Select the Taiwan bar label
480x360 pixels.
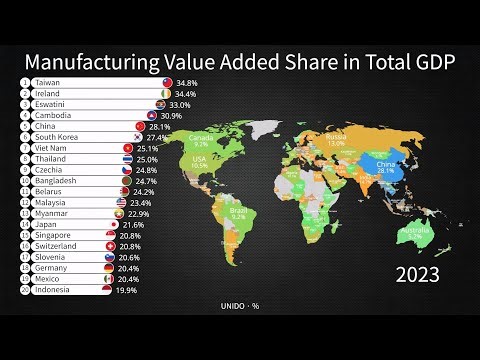pyautogui.click(x=47, y=82)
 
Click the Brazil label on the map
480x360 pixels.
pyautogui.click(x=266, y=211)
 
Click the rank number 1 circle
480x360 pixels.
pyautogui.click(x=23, y=82)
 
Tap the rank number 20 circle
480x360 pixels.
pyautogui.click(x=23, y=290)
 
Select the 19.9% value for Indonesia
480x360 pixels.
pyautogui.click(x=127, y=290)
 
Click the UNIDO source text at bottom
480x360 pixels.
pyautogui.click(x=236, y=306)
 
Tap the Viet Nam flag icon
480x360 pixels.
pyautogui.click(x=128, y=148)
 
